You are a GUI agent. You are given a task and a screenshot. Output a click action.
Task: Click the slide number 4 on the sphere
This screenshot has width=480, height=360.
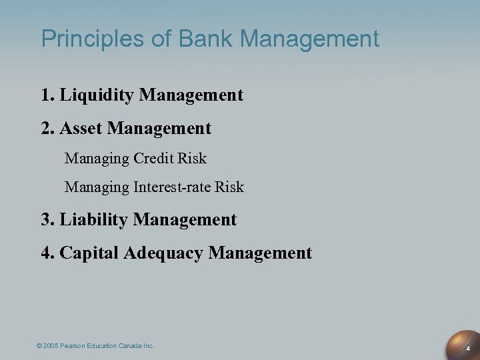click(x=468, y=348)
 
